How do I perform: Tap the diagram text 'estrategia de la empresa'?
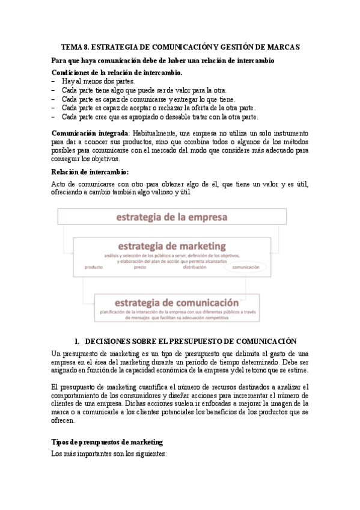pos(171,217)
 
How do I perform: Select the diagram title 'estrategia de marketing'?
pos(171,246)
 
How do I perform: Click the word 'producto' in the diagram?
pos(94,267)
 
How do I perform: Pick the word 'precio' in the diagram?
pos(140,267)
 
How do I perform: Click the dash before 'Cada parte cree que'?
pos(54,117)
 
